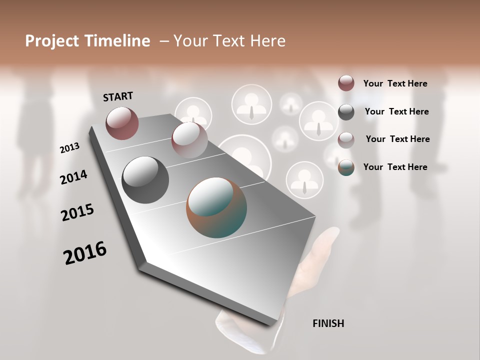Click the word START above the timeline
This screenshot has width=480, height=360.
pos(118,96)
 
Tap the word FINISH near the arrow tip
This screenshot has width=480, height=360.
pos(328,323)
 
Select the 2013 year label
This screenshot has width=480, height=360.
pos(70,148)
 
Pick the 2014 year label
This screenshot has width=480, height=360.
pos(73,177)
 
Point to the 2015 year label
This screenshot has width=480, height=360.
pos(77,212)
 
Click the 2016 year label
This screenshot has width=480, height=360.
pos(85,253)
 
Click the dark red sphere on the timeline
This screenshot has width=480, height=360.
pos(122,123)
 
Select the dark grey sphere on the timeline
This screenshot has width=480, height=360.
pos(145,180)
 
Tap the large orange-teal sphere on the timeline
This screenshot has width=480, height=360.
pos(216,207)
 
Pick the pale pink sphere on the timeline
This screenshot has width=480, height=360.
pos(189,140)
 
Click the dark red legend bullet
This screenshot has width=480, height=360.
pos(346,83)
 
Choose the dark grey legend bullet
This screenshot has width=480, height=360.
pos(346,112)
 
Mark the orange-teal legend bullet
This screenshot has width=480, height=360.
pos(346,167)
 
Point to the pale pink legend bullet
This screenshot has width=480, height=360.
pos(346,139)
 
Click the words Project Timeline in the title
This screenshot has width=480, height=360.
pos(87,41)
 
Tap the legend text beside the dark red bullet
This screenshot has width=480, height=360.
pos(395,84)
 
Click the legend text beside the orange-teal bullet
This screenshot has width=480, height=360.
pos(395,167)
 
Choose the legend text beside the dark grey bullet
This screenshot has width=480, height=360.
pos(396,111)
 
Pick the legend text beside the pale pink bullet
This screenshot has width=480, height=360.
pos(397,139)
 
